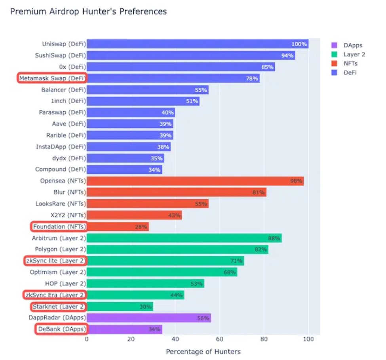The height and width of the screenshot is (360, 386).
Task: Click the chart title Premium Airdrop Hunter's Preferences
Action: click(x=88, y=11)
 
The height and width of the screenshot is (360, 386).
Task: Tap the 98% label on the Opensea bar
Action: click(x=297, y=181)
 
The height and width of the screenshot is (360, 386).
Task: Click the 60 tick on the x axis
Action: click(x=220, y=339)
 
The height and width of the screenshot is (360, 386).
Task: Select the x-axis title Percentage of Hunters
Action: click(x=203, y=352)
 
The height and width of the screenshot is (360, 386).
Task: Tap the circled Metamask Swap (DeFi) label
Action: click(x=52, y=78)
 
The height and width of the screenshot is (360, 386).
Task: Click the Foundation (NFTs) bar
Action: click(x=118, y=227)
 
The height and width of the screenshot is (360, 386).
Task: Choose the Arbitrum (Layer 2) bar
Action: click(x=184, y=238)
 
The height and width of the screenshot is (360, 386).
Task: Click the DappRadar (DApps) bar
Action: click(x=149, y=318)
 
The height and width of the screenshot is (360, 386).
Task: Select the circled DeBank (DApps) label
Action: click(x=61, y=329)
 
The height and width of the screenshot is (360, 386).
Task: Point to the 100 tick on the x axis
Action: click(x=308, y=339)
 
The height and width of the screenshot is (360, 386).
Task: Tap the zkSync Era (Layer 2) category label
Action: click(x=54, y=295)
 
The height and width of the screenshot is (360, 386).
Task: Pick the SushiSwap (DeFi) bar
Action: click(x=190, y=55)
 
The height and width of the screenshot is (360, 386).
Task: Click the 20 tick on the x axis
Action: click(x=131, y=339)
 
